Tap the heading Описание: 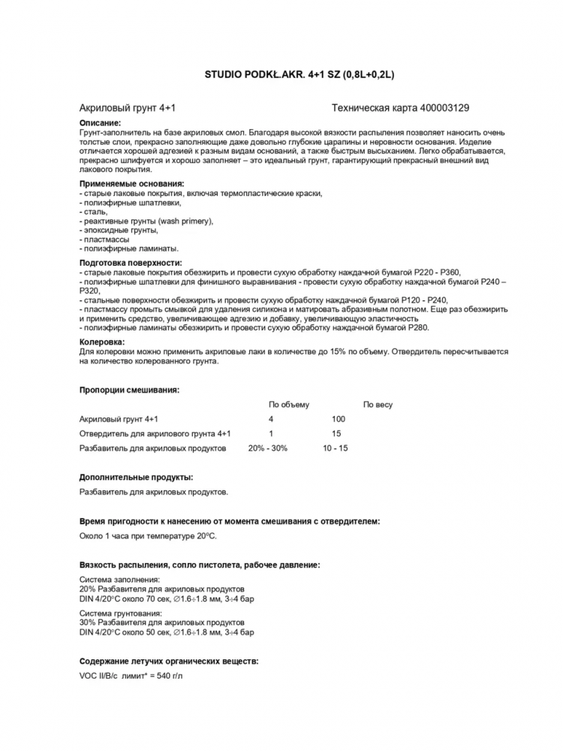pos(100,122)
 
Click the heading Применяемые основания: pos(131,183)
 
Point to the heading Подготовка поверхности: pos(131,263)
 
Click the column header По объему pos(289,405)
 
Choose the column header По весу pos(378,405)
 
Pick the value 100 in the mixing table pos(338,419)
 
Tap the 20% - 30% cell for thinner pos(267,448)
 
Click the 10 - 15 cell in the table pos(336,448)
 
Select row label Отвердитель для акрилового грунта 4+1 pos(155,433)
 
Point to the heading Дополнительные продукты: pos(136,477)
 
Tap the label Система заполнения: pos(119,580)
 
